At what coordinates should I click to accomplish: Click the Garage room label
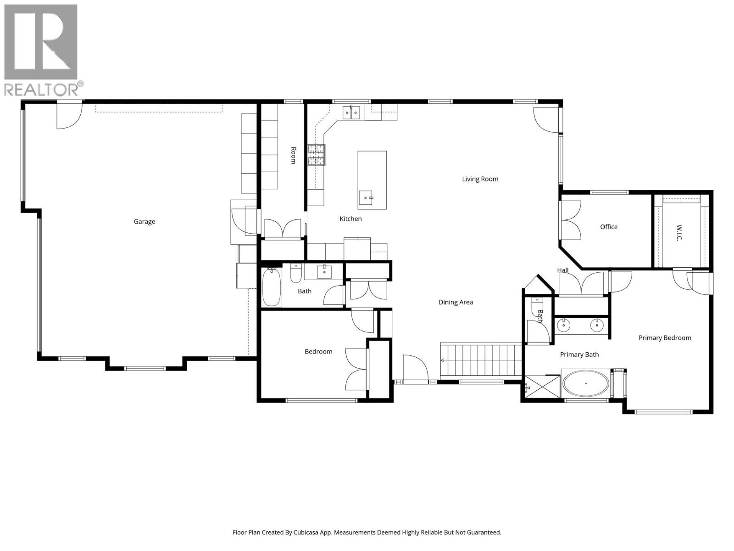click(144, 221)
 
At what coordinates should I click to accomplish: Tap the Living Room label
click(480, 179)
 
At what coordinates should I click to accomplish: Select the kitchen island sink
click(367, 198)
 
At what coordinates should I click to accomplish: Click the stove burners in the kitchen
click(316, 155)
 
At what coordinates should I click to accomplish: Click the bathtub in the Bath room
click(271, 287)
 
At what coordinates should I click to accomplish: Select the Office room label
click(609, 227)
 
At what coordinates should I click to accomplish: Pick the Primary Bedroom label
click(665, 338)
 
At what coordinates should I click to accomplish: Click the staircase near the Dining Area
click(482, 360)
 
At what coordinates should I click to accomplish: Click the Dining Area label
click(456, 302)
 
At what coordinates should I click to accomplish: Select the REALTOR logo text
click(44, 89)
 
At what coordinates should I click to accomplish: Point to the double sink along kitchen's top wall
click(352, 112)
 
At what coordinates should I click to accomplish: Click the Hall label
click(563, 270)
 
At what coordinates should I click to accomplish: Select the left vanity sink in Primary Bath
click(563, 326)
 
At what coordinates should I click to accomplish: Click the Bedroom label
click(318, 352)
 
